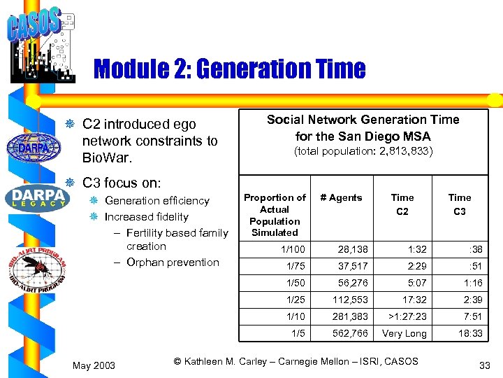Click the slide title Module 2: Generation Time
(x=229, y=69)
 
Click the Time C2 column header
(x=402, y=204)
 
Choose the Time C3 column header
(x=460, y=204)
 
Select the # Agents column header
(x=341, y=198)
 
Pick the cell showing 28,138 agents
(x=353, y=249)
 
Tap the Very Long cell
(x=404, y=333)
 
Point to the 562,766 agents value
(x=351, y=333)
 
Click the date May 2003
(x=94, y=365)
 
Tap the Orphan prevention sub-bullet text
(x=173, y=262)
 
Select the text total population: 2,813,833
(x=363, y=151)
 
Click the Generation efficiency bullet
(x=156, y=201)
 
